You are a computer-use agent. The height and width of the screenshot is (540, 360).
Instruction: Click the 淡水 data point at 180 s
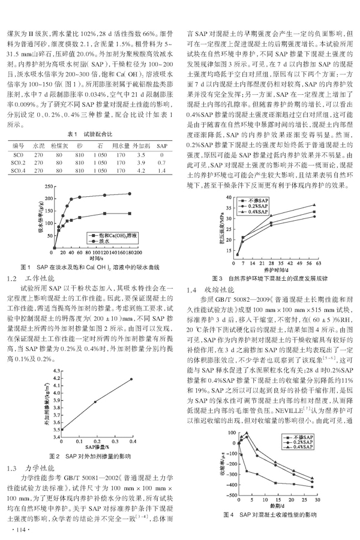[130, 193]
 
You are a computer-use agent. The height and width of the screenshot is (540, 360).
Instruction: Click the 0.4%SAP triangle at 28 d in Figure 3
[271, 216]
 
